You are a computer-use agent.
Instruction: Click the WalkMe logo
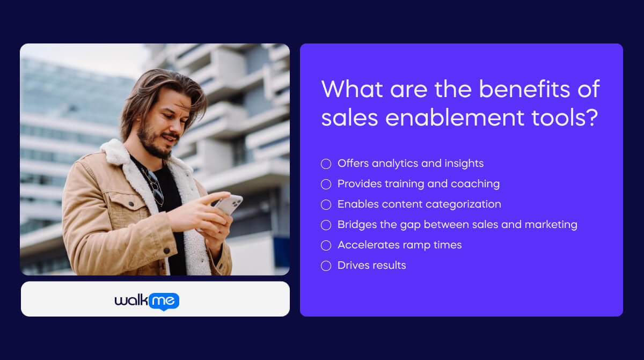click(147, 301)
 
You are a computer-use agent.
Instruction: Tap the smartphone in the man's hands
click(229, 205)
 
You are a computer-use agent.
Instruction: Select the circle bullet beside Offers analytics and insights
click(326, 164)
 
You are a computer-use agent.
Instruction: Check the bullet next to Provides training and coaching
click(326, 184)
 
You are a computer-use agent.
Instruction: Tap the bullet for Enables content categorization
click(326, 204)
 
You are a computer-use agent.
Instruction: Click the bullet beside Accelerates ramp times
click(326, 245)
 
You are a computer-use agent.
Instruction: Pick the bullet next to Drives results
click(326, 266)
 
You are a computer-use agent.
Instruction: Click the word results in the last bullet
click(390, 266)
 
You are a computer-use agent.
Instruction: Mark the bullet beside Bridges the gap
click(326, 225)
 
